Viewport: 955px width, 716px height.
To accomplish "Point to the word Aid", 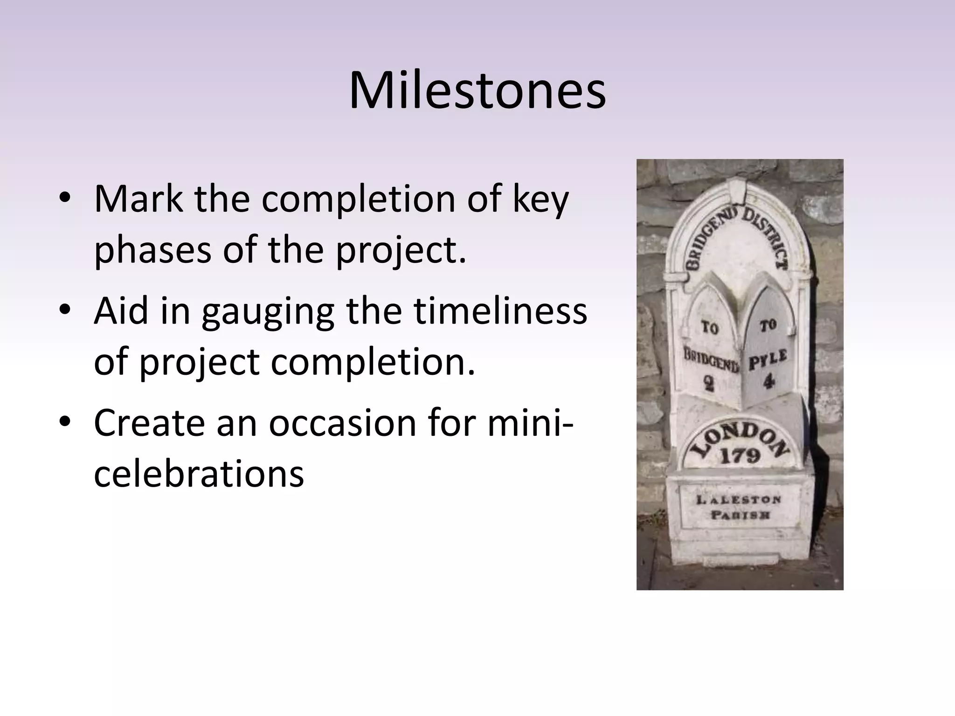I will click(118, 311).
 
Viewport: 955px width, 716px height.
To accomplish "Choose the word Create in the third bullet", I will click(149, 423).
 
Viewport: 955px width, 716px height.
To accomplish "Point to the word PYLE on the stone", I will click(768, 360).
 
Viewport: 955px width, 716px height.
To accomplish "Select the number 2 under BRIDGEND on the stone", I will click(709, 384).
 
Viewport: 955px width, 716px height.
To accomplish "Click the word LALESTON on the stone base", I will click(739, 500).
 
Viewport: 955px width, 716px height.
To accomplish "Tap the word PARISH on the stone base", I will click(740, 515).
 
